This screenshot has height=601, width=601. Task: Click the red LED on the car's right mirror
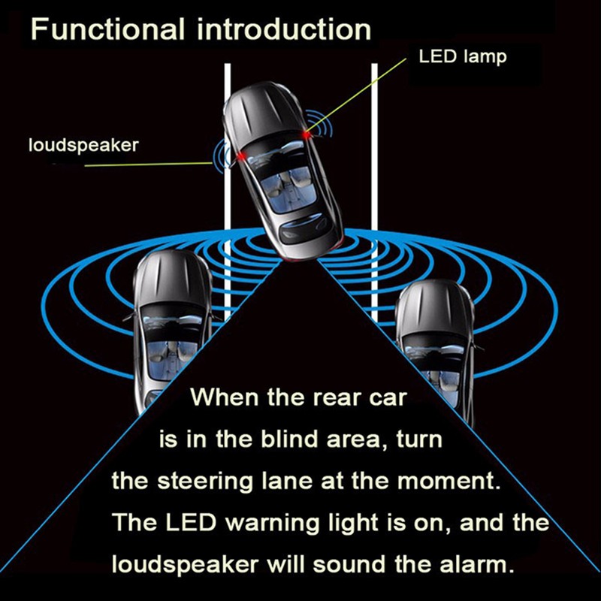tap(306, 133)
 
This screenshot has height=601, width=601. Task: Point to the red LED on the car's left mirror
tap(241, 156)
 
